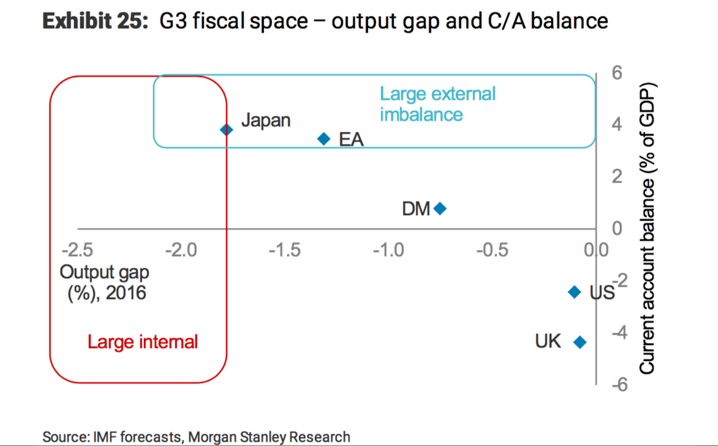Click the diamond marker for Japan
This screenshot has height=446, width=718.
coord(227,129)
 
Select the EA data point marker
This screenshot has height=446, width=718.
coord(325,138)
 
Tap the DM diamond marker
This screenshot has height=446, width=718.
coord(440,208)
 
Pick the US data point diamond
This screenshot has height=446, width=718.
coord(574,292)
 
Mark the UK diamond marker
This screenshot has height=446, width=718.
coord(580,342)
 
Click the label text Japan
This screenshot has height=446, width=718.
coord(265,120)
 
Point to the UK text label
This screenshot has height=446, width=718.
coord(548,341)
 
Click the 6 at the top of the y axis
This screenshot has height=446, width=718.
coord(617,72)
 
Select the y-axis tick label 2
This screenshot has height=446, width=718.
coord(617,176)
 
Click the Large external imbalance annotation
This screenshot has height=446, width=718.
coord(437,104)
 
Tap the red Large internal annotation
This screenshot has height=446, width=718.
coord(142,341)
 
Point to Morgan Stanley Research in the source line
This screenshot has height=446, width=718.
coord(270,437)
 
